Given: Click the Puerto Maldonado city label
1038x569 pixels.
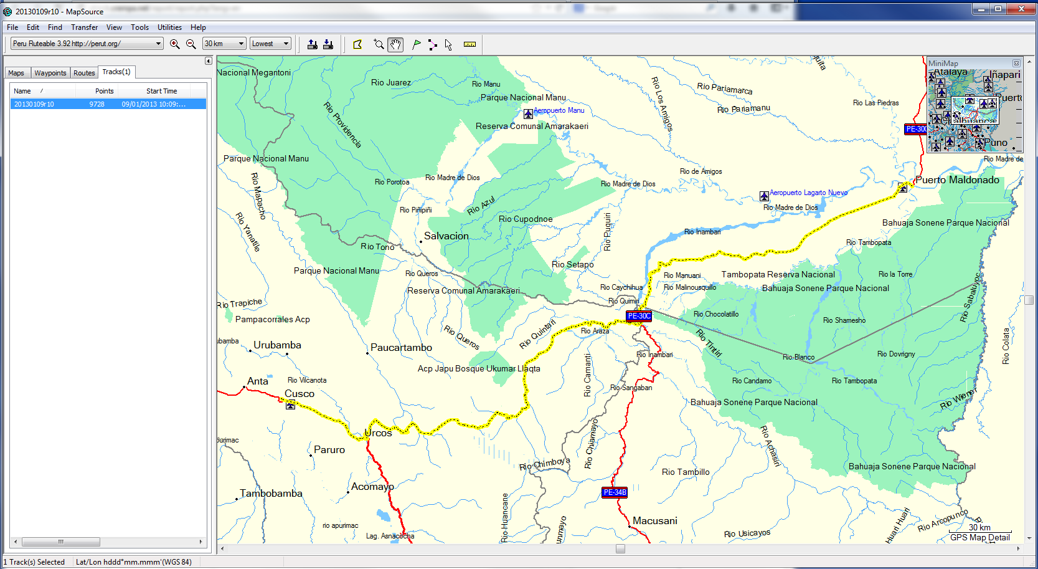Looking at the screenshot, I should [x=957, y=180].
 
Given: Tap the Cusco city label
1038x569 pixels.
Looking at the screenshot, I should [x=300, y=394].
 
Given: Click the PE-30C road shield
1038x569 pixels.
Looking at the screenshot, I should [x=639, y=316].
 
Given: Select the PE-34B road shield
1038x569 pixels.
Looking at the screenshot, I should [x=615, y=492].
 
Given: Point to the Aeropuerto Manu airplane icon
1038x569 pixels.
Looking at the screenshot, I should [x=528, y=113].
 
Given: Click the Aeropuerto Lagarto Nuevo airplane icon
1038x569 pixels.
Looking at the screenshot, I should [x=764, y=196].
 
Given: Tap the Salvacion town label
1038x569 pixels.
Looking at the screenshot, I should [x=446, y=236].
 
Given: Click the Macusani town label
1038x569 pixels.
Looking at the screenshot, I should [x=654, y=521].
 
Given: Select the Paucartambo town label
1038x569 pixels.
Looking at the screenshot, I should [x=401, y=348].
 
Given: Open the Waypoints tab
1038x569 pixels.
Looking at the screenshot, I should [x=50, y=73].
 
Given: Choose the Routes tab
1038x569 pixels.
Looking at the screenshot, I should [x=84, y=73].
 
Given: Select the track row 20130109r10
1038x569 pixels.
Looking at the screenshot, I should [x=100, y=104].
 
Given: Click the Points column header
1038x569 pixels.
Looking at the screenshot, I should [x=104, y=91].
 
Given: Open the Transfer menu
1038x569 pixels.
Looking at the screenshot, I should [x=84, y=27].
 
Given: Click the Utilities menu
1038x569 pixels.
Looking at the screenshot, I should [x=169, y=27].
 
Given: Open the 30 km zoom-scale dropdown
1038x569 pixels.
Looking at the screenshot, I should [x=224, y=44].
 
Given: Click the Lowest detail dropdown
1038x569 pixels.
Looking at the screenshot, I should [x=270, y=44].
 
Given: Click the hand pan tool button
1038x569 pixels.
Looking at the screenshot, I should [x=395, y=44].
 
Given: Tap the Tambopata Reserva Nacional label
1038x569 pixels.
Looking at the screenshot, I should [x=778, y=275].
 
